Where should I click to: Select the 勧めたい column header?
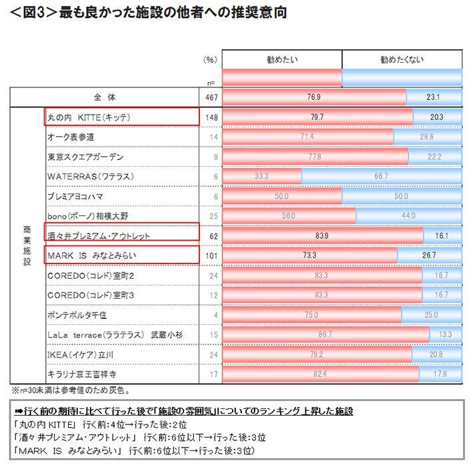tap(282, 59)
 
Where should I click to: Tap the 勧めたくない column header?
tap(401, 59)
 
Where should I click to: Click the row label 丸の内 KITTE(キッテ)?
tap(88, 117)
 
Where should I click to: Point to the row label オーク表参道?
tap(71, 137)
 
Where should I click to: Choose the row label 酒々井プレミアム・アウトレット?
tap(99, 235)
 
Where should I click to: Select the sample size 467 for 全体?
tap(210, 97)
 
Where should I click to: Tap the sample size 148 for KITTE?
tap(210, 117)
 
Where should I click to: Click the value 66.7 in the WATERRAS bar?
tap(381, 177)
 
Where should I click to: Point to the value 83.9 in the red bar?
tap(323, 235)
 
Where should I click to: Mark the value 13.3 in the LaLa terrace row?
tap(445, 334)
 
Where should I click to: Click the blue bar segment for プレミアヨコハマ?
tap(401, 196)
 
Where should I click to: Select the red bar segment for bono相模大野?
tap(289, 216)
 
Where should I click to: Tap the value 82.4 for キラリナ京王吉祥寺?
tap(320, 374)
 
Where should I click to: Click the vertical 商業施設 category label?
tap(27, 245)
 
